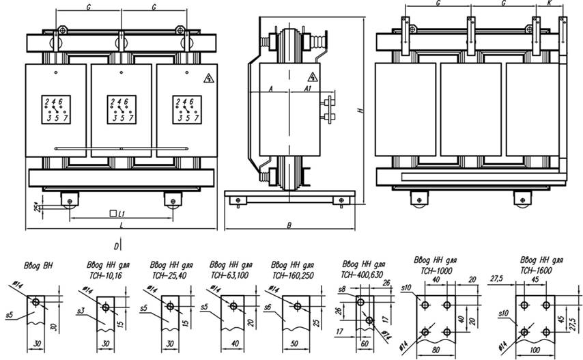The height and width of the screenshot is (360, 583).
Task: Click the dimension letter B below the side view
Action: [289, 224]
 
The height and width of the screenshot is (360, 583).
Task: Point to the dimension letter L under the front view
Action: [120, 225]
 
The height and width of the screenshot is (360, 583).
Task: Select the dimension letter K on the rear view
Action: [550, 4]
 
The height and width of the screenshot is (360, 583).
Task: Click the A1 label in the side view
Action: [308, 88]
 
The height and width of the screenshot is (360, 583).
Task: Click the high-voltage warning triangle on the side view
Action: [312, 77]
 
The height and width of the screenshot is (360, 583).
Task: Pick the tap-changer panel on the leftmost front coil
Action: [55, 109]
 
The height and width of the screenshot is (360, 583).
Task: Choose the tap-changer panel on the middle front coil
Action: [120, 109]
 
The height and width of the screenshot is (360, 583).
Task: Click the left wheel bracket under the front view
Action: [70, 200]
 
